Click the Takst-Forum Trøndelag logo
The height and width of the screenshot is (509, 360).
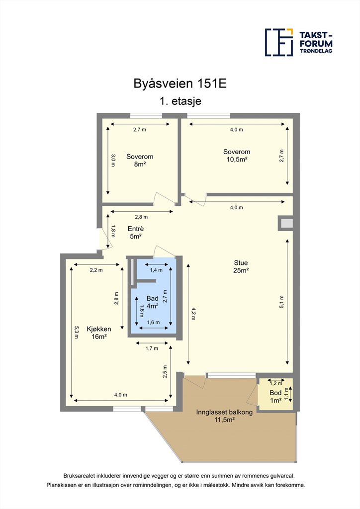point(299,42)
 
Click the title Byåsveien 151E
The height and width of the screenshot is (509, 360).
point(180,84)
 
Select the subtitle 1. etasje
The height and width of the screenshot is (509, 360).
point(180,101)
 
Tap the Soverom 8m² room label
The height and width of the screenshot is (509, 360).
point(140,161)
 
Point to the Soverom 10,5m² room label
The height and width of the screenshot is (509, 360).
point(237,156)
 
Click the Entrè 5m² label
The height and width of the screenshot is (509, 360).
point(136,233)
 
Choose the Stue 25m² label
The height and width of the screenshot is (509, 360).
point(241,266)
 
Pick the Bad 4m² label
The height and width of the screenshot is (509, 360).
point(152,302)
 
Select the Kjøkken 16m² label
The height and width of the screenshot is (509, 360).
point(99,333)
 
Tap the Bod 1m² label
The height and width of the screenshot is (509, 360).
point(275,396)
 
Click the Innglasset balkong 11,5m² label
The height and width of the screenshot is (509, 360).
point(224,416)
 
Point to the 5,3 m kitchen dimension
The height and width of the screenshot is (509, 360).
point(76,332)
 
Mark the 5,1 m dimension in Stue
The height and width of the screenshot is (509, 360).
point(281,302)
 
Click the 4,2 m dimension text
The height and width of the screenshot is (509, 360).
point(193,314)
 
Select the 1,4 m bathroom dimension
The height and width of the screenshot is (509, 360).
point(156,270)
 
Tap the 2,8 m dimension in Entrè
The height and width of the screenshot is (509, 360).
point(141,217)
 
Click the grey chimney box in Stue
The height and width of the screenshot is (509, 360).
point(287,223)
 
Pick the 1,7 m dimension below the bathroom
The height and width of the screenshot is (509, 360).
point(152,348)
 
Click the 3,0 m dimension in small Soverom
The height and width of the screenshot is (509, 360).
point(113,161)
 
